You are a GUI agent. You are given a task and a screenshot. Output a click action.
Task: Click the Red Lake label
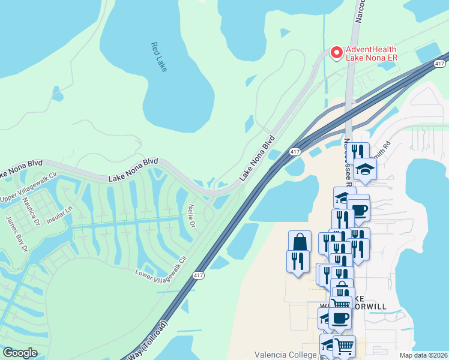click(x=158, y=57)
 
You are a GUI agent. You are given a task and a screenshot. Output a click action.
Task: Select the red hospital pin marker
click(x=336, y=53)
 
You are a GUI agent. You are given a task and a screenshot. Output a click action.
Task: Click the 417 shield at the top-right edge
click(x=440, y=63)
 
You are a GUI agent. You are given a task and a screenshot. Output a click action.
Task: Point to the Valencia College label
click(x=285, y=355)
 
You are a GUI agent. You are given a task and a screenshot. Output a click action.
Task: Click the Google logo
click(x=20, y=353)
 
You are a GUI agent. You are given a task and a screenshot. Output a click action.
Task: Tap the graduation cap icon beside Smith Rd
click(x=365, y=169)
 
